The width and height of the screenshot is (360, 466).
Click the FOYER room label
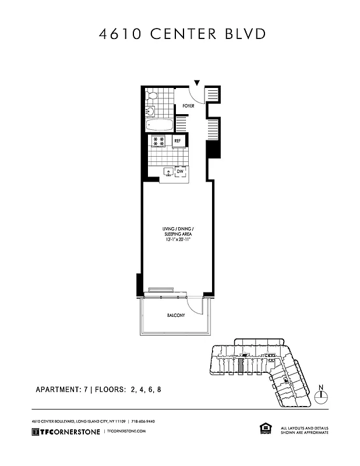click(188, 107)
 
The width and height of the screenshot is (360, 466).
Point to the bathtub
click(160, 125)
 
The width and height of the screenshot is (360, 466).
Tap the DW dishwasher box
click(181, 171)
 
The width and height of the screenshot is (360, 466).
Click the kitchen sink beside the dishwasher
click(168, 172)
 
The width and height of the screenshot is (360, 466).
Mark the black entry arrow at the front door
click(197, 83)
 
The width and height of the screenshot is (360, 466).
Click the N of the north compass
click(321, 386)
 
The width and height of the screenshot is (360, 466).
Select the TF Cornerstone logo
click(65, 431)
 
